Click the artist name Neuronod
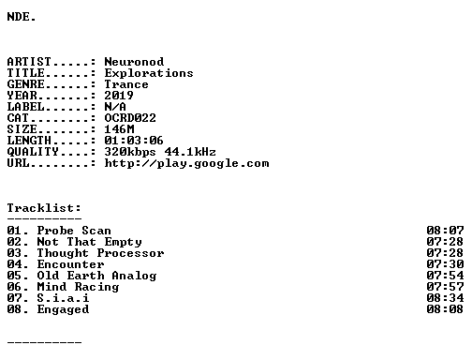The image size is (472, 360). tap(134, 62)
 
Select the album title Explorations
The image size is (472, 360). tap(149, 73)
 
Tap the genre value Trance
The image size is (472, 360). tap(126, 84)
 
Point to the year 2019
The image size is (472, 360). tap(119, 96)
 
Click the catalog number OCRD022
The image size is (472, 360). tap(130, 118)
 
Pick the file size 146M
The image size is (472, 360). tap(119, 129)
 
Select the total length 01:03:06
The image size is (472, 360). tap(134, 141)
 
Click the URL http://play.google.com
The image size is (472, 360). tap(186, 163)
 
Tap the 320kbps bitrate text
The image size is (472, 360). tap(130, 152)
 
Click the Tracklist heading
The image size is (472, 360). tap(44, 208)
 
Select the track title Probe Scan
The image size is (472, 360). tap(74, 231)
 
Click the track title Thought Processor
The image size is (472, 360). tap(100, 253)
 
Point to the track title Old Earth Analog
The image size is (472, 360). tap(96, 276)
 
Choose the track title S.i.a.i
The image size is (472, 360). tap(63, 298)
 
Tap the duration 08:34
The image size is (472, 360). tap(445, 298)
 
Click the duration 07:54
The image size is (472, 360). tap(445, 276)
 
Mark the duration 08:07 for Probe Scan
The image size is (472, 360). tap(445, 231)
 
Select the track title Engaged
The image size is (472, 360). tap(63, 309)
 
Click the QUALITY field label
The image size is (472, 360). tap(33, 152)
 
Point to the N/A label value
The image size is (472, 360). tap(115, 107)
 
